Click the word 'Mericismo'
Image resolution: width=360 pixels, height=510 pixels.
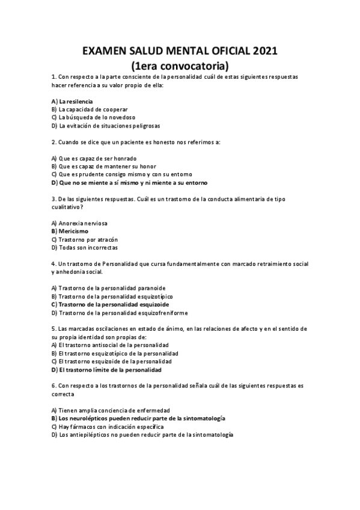pyautogui.click(x=73, y=231)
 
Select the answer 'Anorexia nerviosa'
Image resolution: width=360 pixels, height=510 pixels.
pyautogui.click(x=83, y=223)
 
